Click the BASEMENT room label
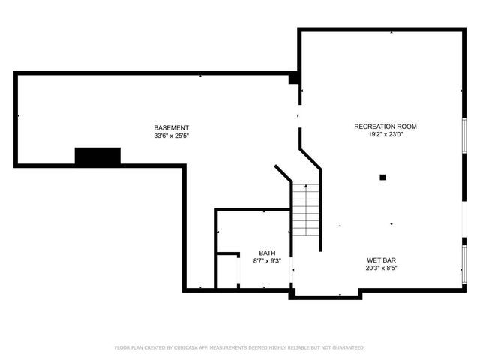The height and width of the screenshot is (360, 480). point(171,127)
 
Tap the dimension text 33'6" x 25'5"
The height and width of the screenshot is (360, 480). point(171,136)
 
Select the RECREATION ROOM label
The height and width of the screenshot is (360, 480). point(385,127)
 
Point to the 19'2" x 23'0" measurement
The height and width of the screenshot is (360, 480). point(385,136)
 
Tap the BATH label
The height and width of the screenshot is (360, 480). point(267,253)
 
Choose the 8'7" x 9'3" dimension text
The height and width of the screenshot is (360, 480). point(267,261)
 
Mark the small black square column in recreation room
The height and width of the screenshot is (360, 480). point(382,178)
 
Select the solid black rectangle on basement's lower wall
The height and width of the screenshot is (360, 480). point(97,156)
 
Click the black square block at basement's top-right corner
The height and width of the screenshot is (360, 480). point(294,78)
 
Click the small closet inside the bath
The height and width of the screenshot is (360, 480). point(228,271)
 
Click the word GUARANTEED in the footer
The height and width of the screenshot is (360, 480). point(347,348)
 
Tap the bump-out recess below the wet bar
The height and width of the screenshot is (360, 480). point(325,292)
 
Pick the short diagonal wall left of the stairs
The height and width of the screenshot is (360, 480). point(283,173)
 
